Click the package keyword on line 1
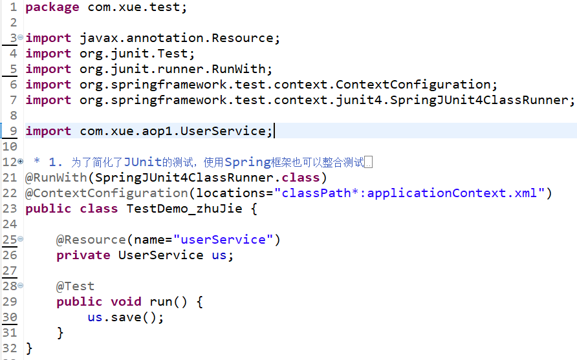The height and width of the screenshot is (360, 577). (x=52, y=7)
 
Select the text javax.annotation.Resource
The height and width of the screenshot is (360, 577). (x=180, y=38)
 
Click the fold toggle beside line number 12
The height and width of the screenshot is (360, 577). (x=21, y=161)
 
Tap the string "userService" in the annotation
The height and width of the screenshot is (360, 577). (x=223, y=240)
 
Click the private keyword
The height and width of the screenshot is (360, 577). (x=83, y=255)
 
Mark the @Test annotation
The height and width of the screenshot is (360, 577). (x=75, y=286)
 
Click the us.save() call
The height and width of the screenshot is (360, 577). (x=125, y=317)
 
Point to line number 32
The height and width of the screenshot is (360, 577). (x=9, y=348)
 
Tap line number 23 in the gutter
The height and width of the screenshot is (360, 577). (x=9, y=209)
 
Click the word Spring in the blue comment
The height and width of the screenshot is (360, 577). (x=244, y=162)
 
